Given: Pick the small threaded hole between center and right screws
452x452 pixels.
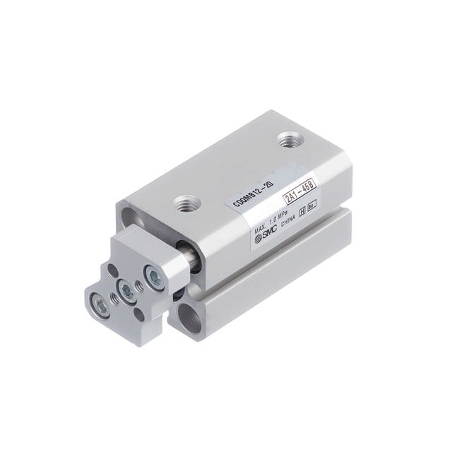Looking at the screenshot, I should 140,285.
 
